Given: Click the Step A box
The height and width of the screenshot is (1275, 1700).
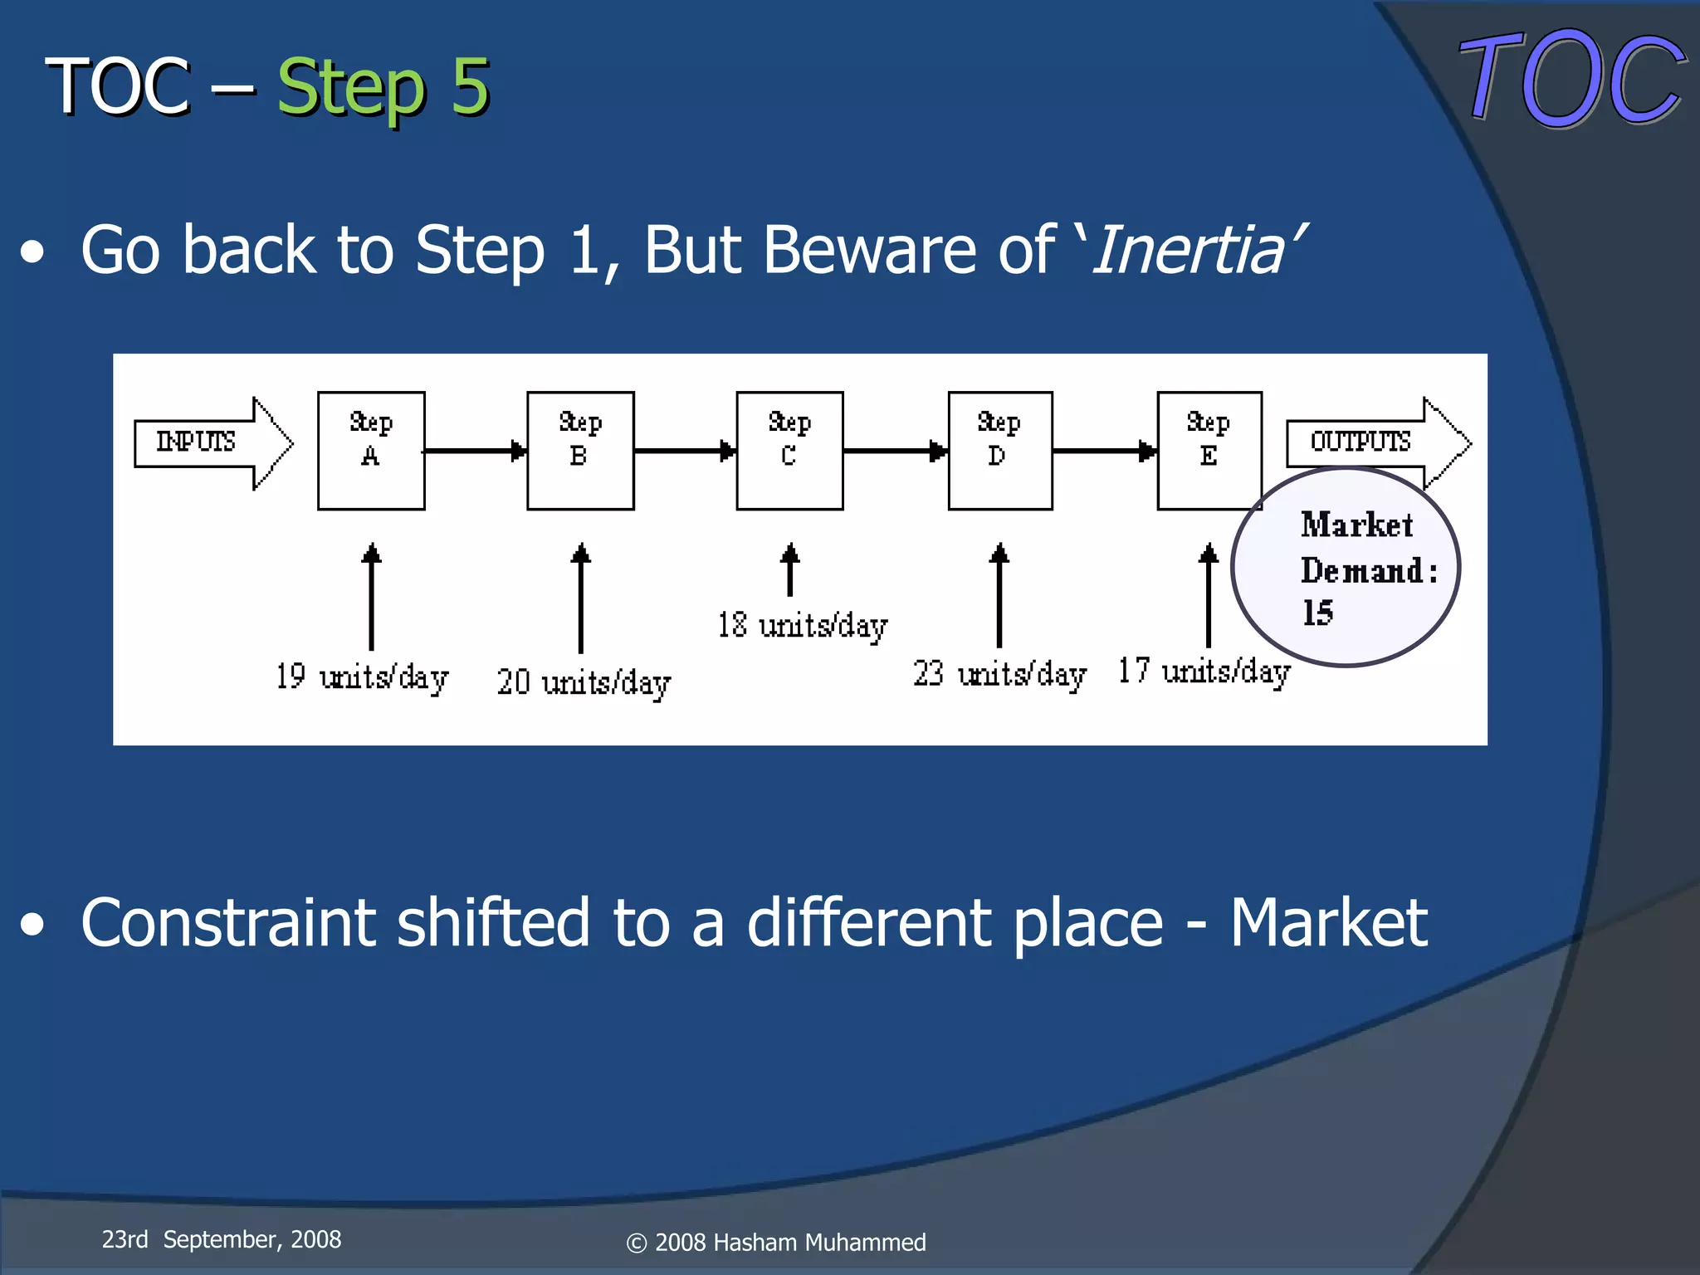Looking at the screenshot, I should click(371, 451).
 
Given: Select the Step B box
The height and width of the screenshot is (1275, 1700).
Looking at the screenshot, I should click(580, 451).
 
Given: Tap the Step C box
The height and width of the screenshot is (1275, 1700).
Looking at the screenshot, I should click(789, 451).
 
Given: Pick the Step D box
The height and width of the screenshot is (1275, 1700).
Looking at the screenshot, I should click(999, 451).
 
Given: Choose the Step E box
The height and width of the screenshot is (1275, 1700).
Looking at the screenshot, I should click(1209, 451).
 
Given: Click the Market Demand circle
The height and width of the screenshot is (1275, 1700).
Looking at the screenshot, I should click(1346, 568).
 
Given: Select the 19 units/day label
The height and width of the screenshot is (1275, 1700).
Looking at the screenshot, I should click(362, 677).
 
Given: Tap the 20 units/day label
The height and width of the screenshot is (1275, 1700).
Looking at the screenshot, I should click(584, 682).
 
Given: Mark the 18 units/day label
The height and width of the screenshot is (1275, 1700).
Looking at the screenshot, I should click(802, 625).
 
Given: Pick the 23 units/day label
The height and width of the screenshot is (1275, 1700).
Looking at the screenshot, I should click(999, 673).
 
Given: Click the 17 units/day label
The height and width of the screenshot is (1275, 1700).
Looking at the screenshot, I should click(1204, 671).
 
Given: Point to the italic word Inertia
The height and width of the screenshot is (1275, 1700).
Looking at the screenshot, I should click(1190, 250).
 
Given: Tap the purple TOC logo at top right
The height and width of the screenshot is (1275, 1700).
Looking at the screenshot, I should click(1571, 79).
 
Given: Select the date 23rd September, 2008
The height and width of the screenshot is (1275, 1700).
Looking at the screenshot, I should click(221, 1239).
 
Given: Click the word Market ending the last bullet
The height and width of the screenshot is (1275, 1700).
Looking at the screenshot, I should click(1328, 922).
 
